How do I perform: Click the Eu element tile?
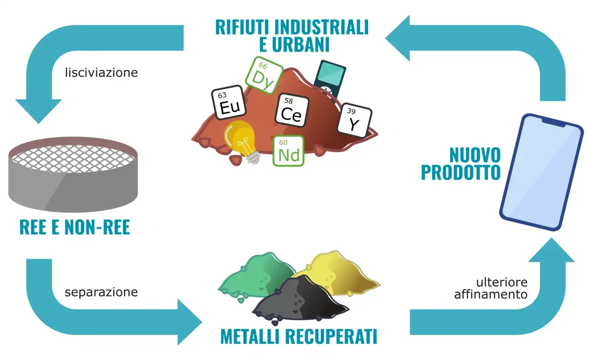[x=229, y=103]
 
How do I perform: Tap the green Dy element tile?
[x=264, y=75]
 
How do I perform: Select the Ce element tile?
[x=292, y=110]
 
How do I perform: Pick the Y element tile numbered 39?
[x=355, y=120]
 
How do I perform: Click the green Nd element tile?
[x=289, y=151]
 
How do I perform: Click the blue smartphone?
[x=542, y=172]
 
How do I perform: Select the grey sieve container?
[x=73, y=174]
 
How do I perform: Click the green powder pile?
[x=256, y=277]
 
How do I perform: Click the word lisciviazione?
[x=101, y=73]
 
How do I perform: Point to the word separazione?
[x=101, y=292]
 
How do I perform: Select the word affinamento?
[x=491, y=294]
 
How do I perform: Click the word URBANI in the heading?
[x=300, y=45]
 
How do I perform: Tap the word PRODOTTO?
[x=461, y=172]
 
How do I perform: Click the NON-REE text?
[x=97, y=227]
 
